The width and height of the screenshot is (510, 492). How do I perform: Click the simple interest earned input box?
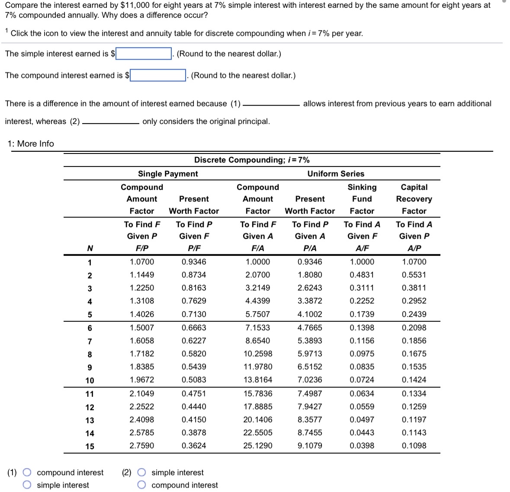[x=144, y=54]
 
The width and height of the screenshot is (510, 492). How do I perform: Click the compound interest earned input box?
[x=158, y=75]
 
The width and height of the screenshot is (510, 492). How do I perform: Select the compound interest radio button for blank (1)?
[x=27, y=472]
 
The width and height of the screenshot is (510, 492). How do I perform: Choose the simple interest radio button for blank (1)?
[x=27, y=485]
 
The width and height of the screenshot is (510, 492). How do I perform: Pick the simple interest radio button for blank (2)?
[x=141, y=472]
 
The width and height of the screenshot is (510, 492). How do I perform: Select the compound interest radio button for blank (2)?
[x=141, y=485]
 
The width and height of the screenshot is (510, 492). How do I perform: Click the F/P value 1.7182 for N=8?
[x=142, y=354]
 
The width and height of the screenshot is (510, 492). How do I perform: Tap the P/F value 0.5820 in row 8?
[x=194, y=354]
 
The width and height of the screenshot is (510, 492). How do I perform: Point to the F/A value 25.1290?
[x=258, y=445]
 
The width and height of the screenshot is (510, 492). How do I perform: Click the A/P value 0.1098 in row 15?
[x=414, y=445]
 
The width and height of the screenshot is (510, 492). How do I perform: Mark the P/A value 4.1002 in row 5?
[x=310, y=314]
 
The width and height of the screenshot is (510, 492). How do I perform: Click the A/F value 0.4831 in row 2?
[x=362, y=275]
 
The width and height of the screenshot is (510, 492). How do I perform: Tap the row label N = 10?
[x=90, y=380]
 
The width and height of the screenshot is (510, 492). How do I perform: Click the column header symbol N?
[x=90, y=248]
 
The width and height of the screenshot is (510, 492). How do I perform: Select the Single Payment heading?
[x=168, y=173]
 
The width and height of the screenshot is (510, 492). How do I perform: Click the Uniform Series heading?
[x=336, y=173]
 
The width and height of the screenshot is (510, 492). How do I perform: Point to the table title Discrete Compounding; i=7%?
[x=252, y=160]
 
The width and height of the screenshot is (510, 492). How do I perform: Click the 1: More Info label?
[x=31, y=144]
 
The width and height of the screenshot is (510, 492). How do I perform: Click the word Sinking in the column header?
[x=362, y=187]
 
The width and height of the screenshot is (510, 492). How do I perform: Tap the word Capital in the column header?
[x=414, y=187]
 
